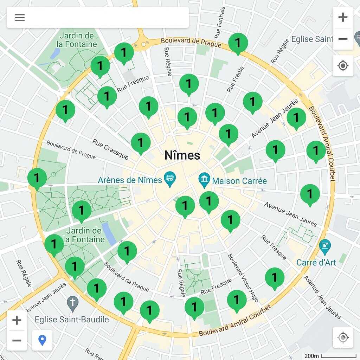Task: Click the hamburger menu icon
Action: pyautogui.click(x=20, y=18)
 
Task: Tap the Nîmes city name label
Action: pyautogui.click(x=182, y=155)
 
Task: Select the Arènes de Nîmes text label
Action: pyautogui.click(x=130, y=180)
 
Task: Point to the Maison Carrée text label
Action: pyautogui.click(x=239, y=181)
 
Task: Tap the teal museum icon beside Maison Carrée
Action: pyautogui.click(x=204, y=180)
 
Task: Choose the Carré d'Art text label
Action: pyautogui.click(x=316, y=262)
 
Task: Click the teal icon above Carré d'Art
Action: pyautogui.click(x=325, y=247)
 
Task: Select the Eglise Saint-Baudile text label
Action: pyautogui.click(x=72, y=319)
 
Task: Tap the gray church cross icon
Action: pyautogui.click(x=73, y=304)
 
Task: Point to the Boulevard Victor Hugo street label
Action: pyautogui.click(x=243, y=278)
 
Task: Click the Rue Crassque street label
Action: pyautogui.click(x=110, y=149)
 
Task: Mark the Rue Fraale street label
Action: pyautogui.click(x=236, y=79)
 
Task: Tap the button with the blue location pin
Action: pyautogui.click(x=42, y=340)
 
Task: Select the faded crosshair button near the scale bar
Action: pyautogui.click(x=343, y=337)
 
